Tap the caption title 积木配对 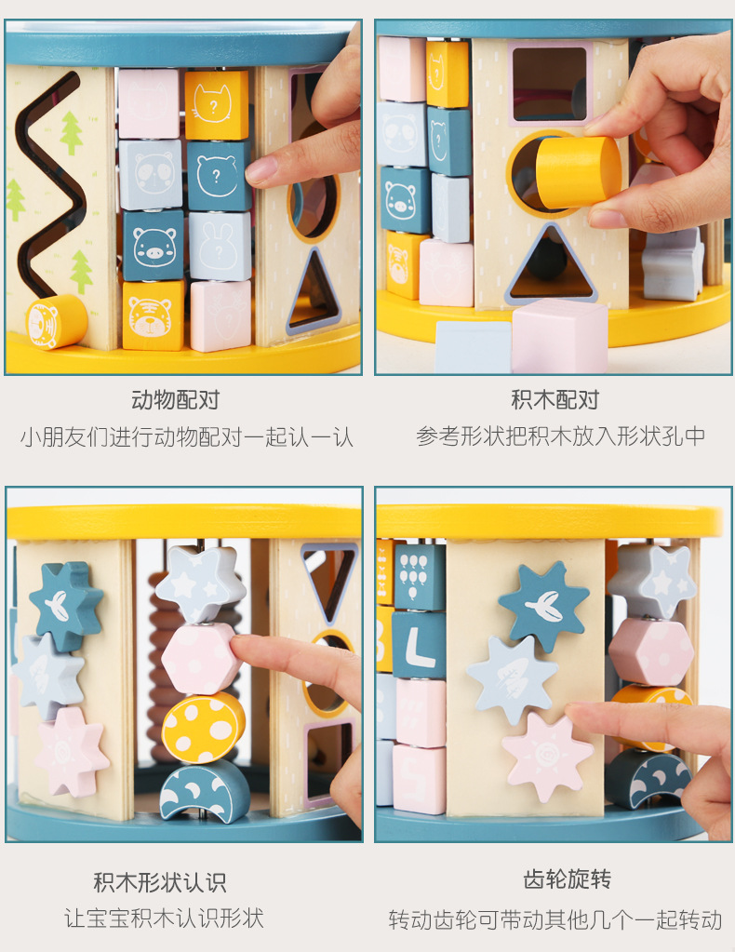click(x=555, y=400)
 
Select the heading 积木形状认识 click(x=160, y=882)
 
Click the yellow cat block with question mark click(x=216, y=104)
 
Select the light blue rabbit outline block click(x=220, y=246)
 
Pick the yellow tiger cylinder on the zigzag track click(x=56, y=322)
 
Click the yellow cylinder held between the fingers click(x=578, y=172)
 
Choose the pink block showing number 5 click(x=419, y=778)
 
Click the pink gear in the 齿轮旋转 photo click(x=547, y=756)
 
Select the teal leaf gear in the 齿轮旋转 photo click(x=543, y=606)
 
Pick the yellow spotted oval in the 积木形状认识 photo click(x=203, y=727)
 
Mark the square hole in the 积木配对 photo click(x=549, y=84)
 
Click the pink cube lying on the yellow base click(x=560, y=334)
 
